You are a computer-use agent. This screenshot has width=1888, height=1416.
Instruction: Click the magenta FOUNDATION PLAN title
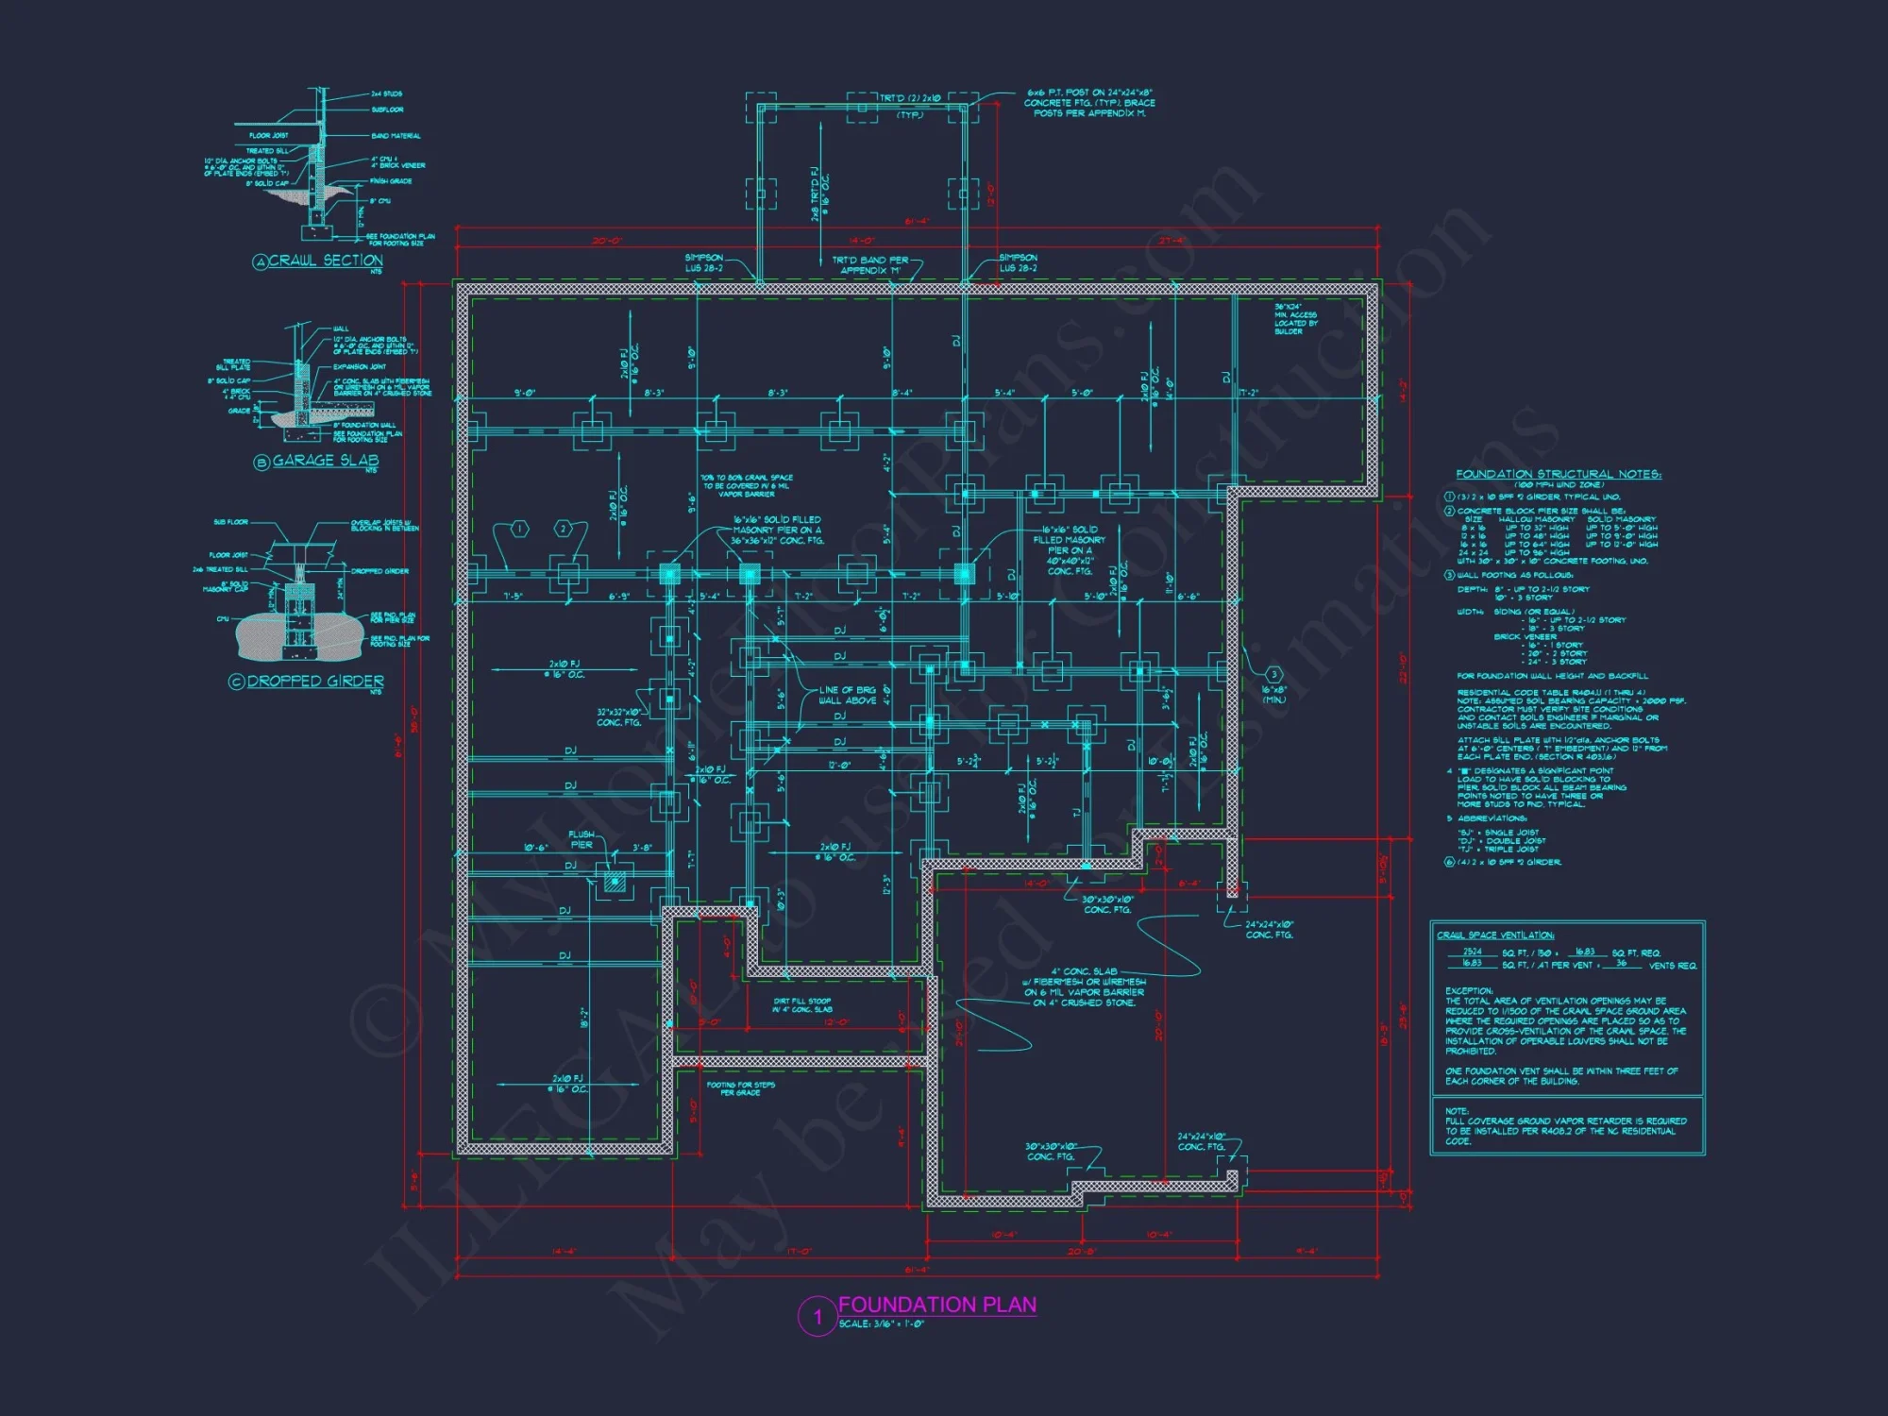pyautogui.click(x=936, y=1305)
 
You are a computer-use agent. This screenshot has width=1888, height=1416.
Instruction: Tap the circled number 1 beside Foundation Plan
pyautogui.click(x=818, y=1317)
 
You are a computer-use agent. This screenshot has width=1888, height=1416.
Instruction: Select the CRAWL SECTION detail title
pyautogui.click(x=325, y=261)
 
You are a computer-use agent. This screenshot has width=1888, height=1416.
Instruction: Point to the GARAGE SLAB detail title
pyautogui.click(x=325, y=461)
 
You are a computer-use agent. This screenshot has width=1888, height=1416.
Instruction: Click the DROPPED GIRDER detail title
pyautogui.click(x=315, y=681)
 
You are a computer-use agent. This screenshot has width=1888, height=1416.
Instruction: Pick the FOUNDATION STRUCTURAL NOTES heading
pyautogui.click(x=1558, y=474)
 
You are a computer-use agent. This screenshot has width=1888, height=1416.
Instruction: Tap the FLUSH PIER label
pyautogui.click(x=582, y=839)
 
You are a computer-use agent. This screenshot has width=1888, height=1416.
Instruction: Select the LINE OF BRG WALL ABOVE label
pyautogui.click(x=847, y=695)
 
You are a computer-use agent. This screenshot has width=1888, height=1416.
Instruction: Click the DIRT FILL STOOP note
pyautogui.click(x=802, y=1005)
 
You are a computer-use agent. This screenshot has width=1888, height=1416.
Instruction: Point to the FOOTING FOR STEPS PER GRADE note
pyautogui.click(x=740, y=1088)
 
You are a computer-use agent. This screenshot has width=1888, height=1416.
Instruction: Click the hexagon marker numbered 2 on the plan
pyautogui.click(x=563, y=529)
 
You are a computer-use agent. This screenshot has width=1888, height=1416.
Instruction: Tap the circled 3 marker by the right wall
pyautogui.click(x=1273, y=674)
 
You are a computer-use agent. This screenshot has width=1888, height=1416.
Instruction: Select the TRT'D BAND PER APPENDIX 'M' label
pyautogui.click(x=869, y=265)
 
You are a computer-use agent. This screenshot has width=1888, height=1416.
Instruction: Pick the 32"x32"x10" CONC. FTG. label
pyautogui.click(x=618, y=717)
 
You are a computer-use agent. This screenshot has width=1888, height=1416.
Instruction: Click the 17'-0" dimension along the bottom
pyautogui.click(x=799, y=1252)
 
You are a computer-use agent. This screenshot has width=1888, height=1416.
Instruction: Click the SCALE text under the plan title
pyautogui.click(x=882, y=1323)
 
